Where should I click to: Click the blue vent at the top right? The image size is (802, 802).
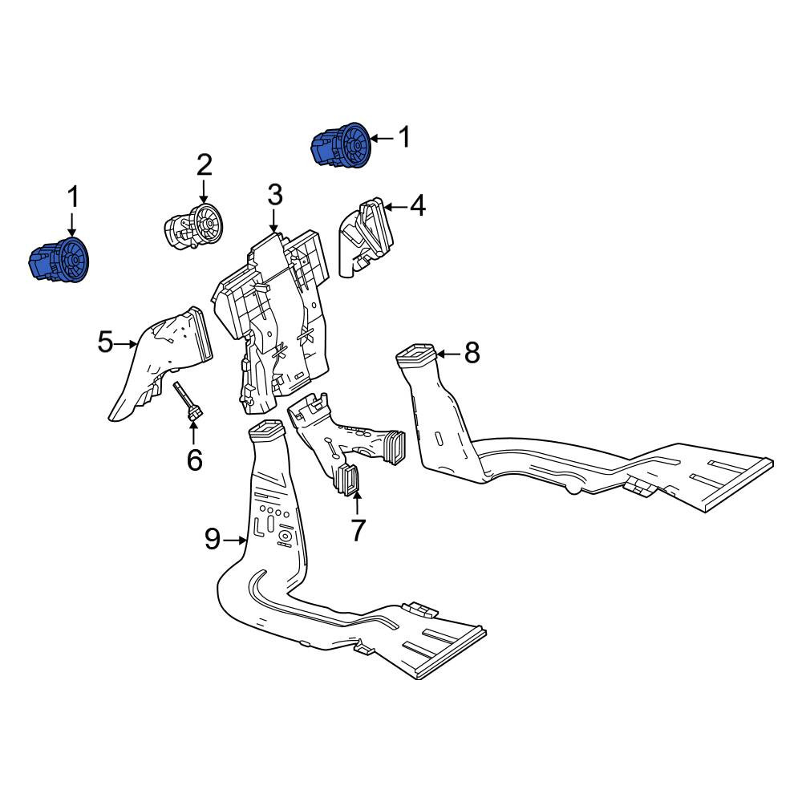point(341,145)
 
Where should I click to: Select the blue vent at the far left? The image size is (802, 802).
point(59,260)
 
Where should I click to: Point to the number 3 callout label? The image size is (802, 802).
point(274,196)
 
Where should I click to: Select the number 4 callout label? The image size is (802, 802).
point(418,206)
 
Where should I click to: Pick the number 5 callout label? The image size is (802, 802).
point(105,342)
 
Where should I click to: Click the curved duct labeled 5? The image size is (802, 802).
point(160,363)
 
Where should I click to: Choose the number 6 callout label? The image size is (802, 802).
point(194,460)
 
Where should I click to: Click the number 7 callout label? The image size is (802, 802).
point(358,530)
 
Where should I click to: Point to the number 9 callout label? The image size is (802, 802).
point(213,539)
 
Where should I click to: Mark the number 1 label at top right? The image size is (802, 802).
point(404,138)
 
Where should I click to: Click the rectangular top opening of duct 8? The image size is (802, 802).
point(415,354)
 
